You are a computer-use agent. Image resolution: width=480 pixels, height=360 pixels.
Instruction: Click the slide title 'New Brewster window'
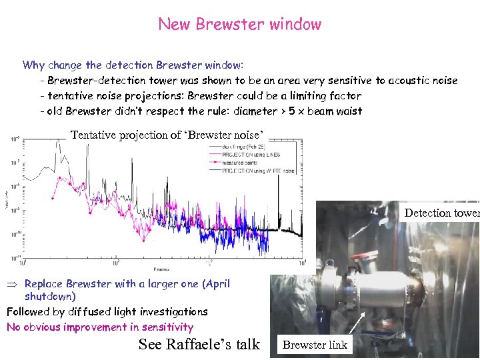pos(239,25)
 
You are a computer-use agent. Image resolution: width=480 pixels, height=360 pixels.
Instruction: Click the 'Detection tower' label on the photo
pos(441,213)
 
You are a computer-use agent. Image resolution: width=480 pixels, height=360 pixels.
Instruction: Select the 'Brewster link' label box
pos(314,345)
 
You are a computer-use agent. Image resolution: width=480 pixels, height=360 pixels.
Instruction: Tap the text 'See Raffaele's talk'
pos(199,344)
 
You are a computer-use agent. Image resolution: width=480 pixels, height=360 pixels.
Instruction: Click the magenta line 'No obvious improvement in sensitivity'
pos(100,327)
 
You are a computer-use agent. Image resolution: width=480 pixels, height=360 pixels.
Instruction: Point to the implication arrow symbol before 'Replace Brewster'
pos(11,284)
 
